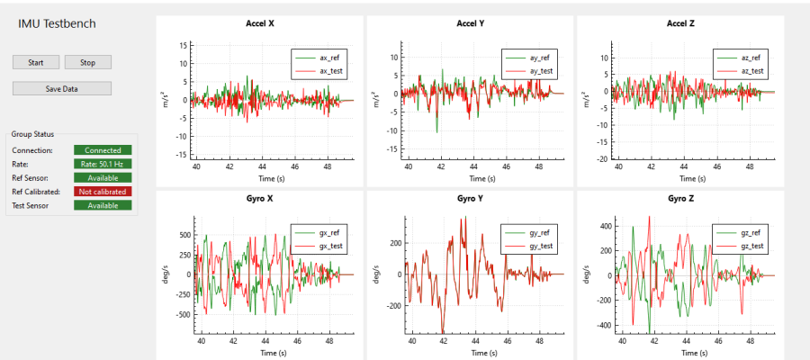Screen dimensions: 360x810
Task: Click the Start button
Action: pyautogui.click(x=36, y=62)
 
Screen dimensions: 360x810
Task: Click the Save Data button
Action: pyautogui.click(x=62, y=88)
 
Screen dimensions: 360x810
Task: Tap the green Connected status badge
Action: pyautogui.click(x=103, y=150)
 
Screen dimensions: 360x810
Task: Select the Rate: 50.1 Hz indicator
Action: pyautogui.click(x=103, y=164)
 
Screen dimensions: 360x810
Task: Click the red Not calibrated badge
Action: pyautogui.click(x=103, y=192)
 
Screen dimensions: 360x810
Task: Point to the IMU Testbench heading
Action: pyautogui.click(x=58, y=24)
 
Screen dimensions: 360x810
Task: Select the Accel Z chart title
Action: pyautogui.click(x=681, y=23)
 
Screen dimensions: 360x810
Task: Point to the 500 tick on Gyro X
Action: pyautogui.click(x=184, y=235)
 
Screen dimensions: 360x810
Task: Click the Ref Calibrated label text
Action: pyautogui.click(x=36, y=192)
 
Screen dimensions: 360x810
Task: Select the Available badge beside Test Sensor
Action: pyautogui.click(x=103, y=205)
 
